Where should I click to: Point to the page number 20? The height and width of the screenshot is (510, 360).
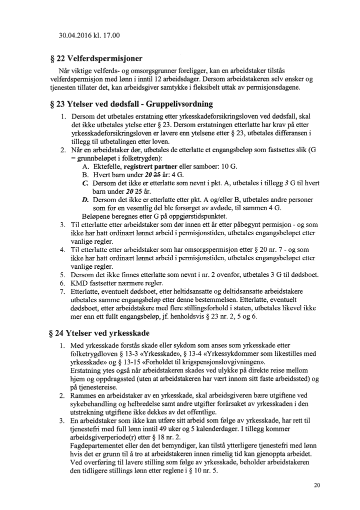pyautogui.click(x=317, y=485)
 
